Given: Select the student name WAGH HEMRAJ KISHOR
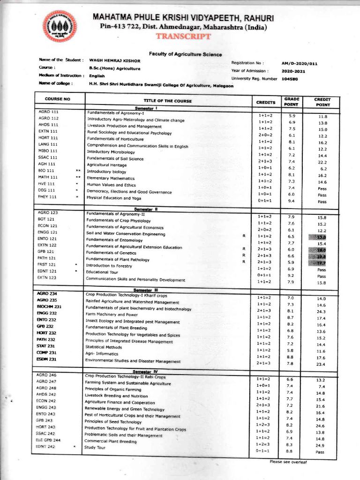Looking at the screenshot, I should click(114, 61).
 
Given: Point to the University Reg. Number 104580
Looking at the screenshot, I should click(290, 79).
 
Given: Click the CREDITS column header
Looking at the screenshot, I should click(265, 102).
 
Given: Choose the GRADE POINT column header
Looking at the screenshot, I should click(291, 102).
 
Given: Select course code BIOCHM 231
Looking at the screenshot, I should click(49, 307).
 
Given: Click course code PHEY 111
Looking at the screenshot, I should click(47, 197).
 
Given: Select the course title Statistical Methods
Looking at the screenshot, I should click(103, 347).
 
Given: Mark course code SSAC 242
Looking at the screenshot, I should click(46, 434).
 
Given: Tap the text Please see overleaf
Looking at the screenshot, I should click(288, 462).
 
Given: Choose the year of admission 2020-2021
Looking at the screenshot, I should click(293, 71).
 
